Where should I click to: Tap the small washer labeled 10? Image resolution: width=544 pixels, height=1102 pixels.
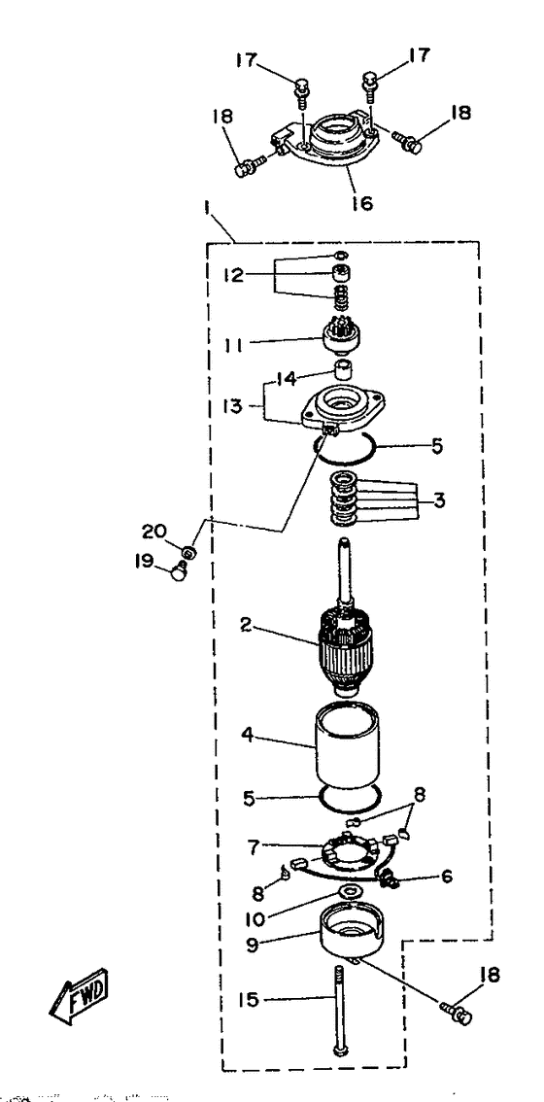point(348,891)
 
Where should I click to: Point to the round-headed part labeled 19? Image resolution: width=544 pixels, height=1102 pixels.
point(179,572)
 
